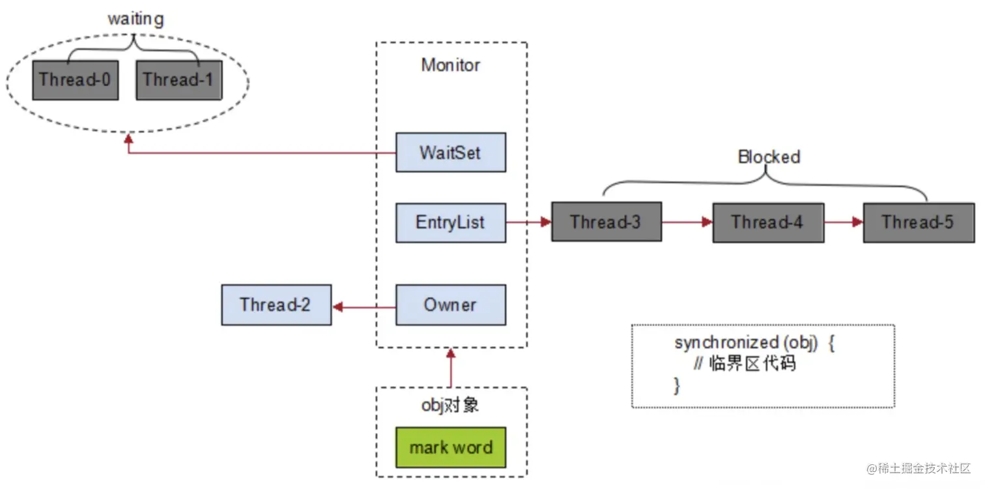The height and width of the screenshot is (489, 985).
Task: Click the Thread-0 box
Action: tap(75, 80)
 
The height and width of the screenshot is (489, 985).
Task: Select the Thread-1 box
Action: tap(178, 80)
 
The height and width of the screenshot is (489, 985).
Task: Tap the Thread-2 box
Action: tap(276, 304)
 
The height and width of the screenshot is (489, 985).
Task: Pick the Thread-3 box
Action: tap(606, 222)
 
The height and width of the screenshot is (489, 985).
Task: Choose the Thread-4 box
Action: tap(767, 222)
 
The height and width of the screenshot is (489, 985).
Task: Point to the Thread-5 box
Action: tap(918, 222)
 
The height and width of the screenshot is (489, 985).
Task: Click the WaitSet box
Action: tap(450, 153)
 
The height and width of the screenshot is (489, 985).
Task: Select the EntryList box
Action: tap(450, 222)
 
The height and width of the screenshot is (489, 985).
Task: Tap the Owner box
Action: tap(450, 304)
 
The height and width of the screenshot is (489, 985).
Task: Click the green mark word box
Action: tap(450, 447)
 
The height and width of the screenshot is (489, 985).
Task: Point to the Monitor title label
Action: tap(450, 65)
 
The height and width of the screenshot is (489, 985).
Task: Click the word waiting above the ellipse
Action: tap(136, 19)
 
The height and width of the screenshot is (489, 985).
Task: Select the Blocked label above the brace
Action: tap(769, 156)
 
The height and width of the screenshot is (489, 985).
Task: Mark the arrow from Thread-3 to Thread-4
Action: tap(687, 222)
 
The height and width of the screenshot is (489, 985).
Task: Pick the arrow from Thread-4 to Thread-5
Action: tap(844, 222)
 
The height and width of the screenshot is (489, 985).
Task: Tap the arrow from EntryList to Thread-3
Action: tap(528, 222)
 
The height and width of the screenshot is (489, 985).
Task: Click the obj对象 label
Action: tap(450, 405)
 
